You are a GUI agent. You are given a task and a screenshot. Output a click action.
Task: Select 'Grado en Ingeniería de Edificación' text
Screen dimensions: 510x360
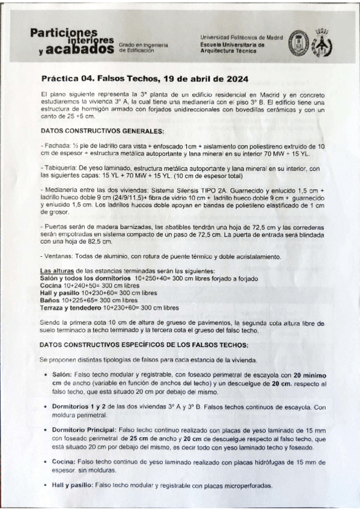click(x=147, y=48)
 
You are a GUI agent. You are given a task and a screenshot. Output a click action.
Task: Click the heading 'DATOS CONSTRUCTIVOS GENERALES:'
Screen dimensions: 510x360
click(x=93, y=131)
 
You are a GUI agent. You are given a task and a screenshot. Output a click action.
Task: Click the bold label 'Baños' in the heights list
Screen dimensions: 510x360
click(x=50, y=299)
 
